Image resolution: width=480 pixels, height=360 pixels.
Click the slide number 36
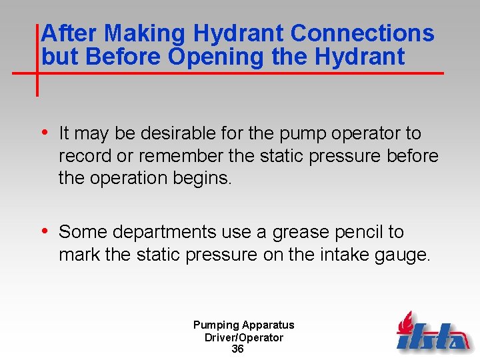(237, 349)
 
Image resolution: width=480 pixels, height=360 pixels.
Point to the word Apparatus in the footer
(268, 325)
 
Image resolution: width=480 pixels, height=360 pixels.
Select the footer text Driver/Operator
(243, 337)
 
